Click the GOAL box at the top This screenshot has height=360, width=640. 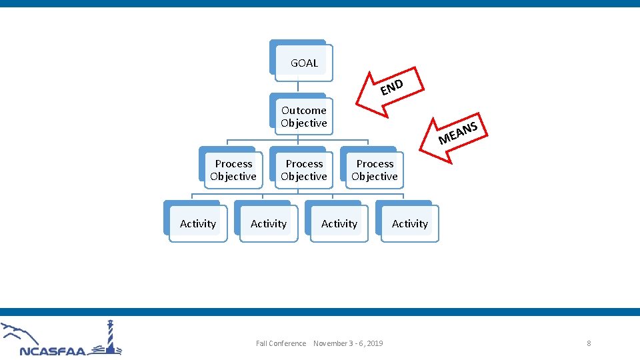tap(303, 63)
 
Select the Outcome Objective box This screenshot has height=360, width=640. tap(303, 117)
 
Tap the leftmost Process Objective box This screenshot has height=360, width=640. tap(233, 170)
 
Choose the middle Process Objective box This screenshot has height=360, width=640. tap(303, 170)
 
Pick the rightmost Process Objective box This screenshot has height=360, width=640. tap(374, 170)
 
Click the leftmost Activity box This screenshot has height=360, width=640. tap(197, 224)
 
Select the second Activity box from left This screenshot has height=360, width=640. tap(268, 224)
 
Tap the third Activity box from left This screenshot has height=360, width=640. tap(339, 224)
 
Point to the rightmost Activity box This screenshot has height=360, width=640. tap(409, 224)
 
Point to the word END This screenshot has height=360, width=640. tap(392, 87)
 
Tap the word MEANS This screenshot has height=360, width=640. tap(459, 132)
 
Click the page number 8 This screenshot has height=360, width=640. tap(589, 343)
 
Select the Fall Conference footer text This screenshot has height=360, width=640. tap(281, 343)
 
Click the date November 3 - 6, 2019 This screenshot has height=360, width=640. tap(348, 343)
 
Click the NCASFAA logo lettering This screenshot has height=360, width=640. tap(53, 351)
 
